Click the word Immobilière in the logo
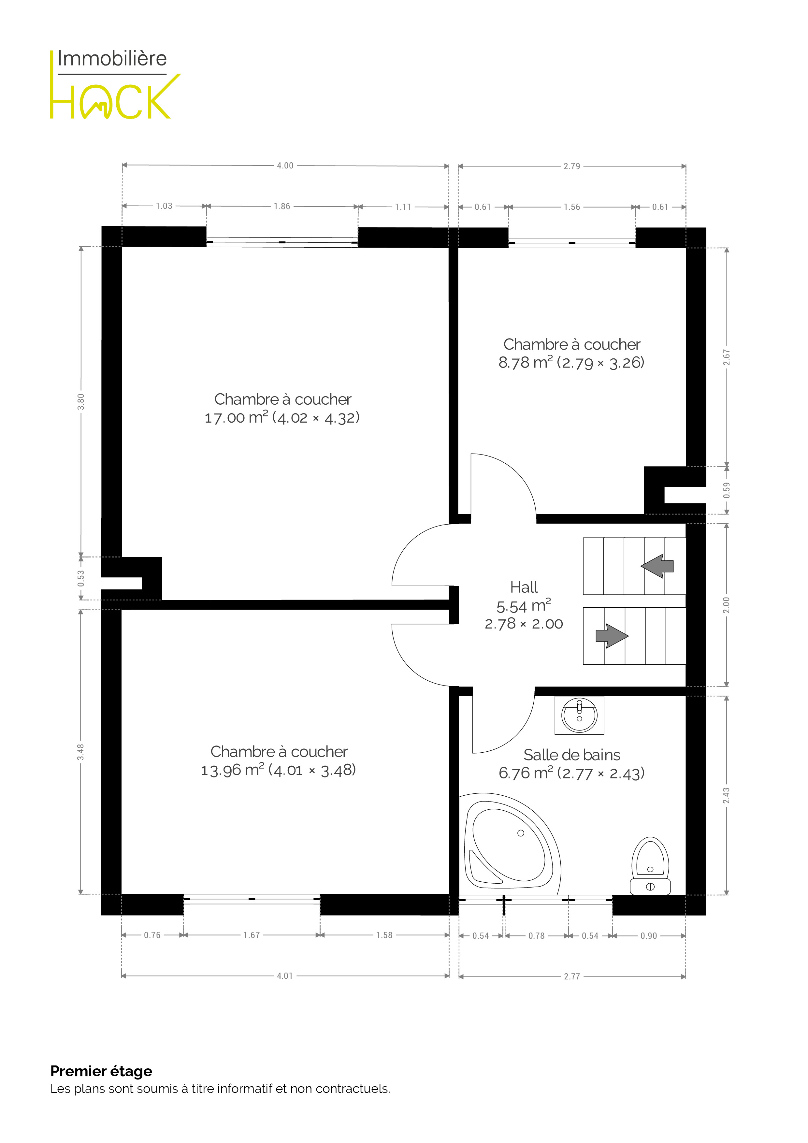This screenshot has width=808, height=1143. pos(112,59)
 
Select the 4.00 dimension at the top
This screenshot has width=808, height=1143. pos(285,166)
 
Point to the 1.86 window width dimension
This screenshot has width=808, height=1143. pos(282,206)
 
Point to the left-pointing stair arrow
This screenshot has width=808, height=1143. pos(657,566)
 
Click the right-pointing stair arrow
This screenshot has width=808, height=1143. pos(612,636)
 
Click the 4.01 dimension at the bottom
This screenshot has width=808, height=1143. pos(285,976)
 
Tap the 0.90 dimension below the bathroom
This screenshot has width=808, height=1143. pos(649,936)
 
